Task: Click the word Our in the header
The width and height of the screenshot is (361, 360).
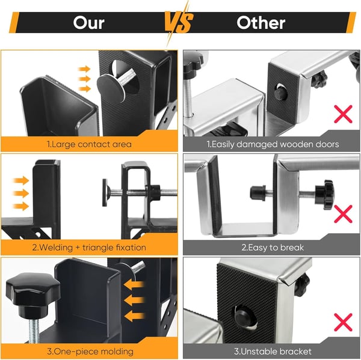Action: click(88, 23)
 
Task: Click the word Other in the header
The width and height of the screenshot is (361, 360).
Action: click(261, 23)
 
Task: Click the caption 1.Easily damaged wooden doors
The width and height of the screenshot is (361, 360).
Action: click(273, 144)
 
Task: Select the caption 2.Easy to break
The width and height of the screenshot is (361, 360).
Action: click(273, 247)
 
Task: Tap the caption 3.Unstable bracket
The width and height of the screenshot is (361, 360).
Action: click(273, 350)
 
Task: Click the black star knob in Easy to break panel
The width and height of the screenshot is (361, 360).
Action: click(328, 195)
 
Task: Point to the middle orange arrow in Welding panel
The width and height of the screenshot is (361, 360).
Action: click(20, 193)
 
